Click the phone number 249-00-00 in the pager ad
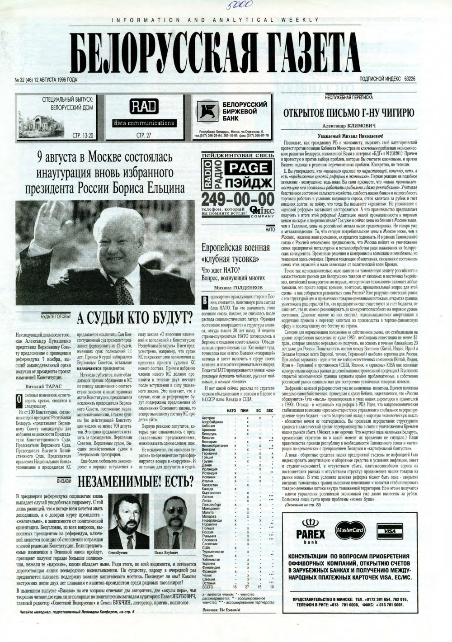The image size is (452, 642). click(231, 199)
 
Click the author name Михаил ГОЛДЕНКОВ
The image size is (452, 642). click(239, 288)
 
